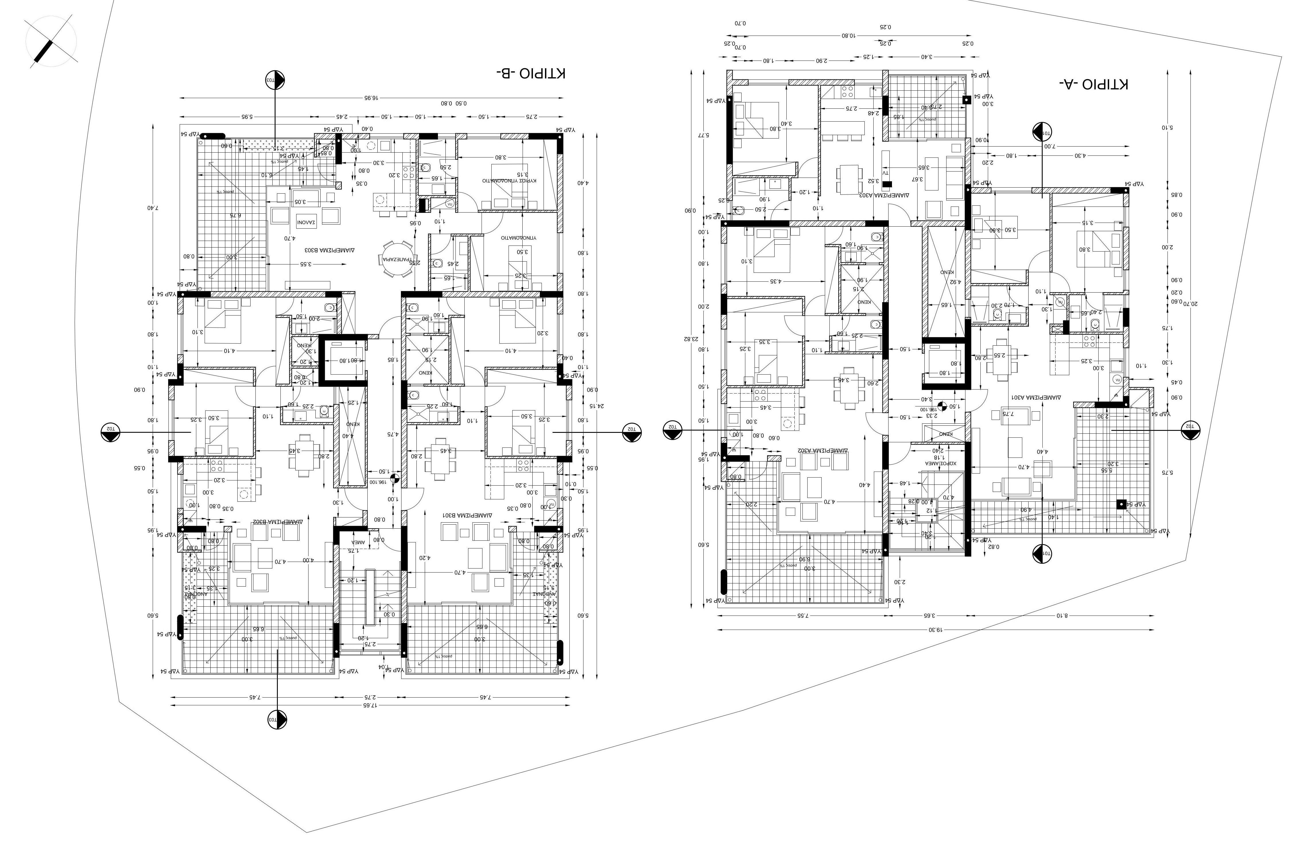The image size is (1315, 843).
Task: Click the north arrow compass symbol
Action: pos(51,42)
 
